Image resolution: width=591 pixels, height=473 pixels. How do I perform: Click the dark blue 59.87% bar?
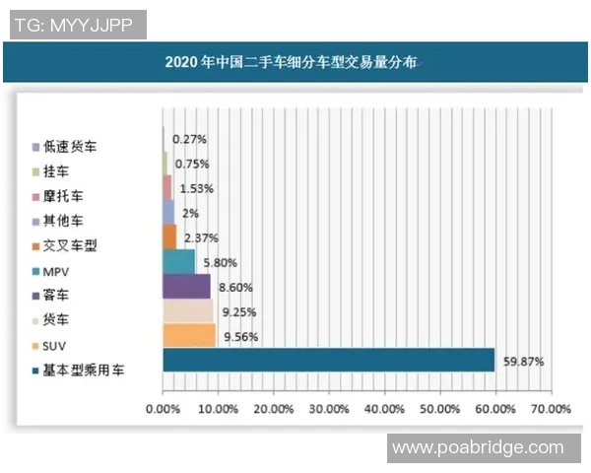click(328, 361)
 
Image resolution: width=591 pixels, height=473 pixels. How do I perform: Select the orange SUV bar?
click(188, 335)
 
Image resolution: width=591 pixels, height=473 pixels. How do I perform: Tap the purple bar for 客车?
click(186, 287)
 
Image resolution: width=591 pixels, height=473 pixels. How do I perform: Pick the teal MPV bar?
click(178, 262)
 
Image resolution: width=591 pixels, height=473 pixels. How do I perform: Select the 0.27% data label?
click(188, 140)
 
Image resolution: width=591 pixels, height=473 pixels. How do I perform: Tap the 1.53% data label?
click(195, 188)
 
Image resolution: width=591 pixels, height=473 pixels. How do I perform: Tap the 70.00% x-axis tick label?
click(551, 408)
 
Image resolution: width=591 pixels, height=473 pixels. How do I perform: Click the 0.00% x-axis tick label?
click(164, 408)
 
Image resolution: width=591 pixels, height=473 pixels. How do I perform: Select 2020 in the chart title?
click(182, 63)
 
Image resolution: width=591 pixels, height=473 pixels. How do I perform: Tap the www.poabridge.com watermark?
click(478, 448)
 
